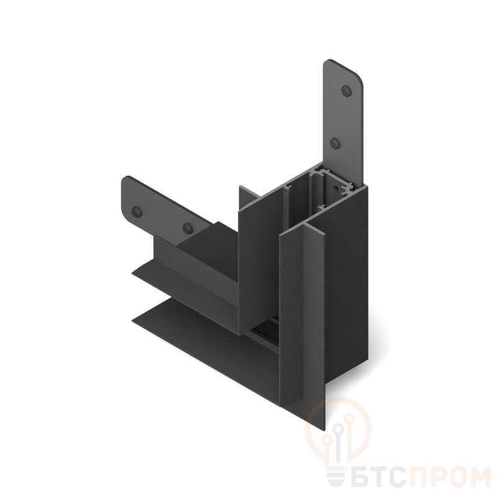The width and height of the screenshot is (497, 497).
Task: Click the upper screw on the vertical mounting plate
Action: pos(347,91)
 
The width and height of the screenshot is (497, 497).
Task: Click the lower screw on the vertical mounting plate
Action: pos(335,144)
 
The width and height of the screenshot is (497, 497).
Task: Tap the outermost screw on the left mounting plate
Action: pos(137,211)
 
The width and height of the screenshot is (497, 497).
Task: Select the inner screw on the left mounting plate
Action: pos(188,228)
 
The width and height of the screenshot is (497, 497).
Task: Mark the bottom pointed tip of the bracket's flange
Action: pos(324,430)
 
